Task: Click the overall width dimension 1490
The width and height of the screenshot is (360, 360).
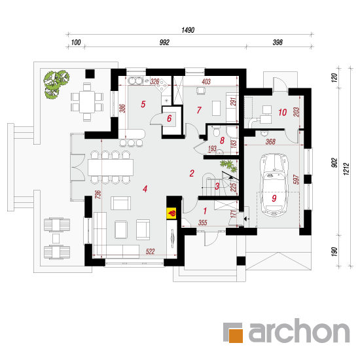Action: point(188,30)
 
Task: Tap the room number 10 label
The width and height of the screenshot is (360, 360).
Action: point(282,113)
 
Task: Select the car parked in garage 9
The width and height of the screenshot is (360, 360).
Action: point(274,185)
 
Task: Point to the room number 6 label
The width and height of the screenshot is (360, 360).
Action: point(170,118)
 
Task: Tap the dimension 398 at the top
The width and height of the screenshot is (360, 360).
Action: point(278,43)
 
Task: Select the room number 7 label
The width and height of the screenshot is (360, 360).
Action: point(199,110)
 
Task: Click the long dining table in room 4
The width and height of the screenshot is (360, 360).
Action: point(111,168)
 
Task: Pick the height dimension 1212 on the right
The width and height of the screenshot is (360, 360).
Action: point(346,170)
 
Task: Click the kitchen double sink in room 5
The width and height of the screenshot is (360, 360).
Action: point(135,81)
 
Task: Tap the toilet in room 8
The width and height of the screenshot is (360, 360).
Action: point(217,132)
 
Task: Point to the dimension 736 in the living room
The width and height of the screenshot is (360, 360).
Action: point(98,194)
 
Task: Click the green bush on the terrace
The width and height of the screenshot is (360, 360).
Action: point(56,84)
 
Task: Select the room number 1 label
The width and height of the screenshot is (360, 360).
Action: point(205,211)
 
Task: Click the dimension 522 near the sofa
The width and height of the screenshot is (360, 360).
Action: point(150,251)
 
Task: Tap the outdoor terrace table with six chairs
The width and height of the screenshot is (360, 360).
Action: point(87,102)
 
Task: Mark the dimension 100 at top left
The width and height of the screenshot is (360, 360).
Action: point(76,43)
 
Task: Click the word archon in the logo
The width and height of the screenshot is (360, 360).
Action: point(299,330)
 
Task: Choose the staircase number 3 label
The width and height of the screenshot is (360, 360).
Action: point(217,187)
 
